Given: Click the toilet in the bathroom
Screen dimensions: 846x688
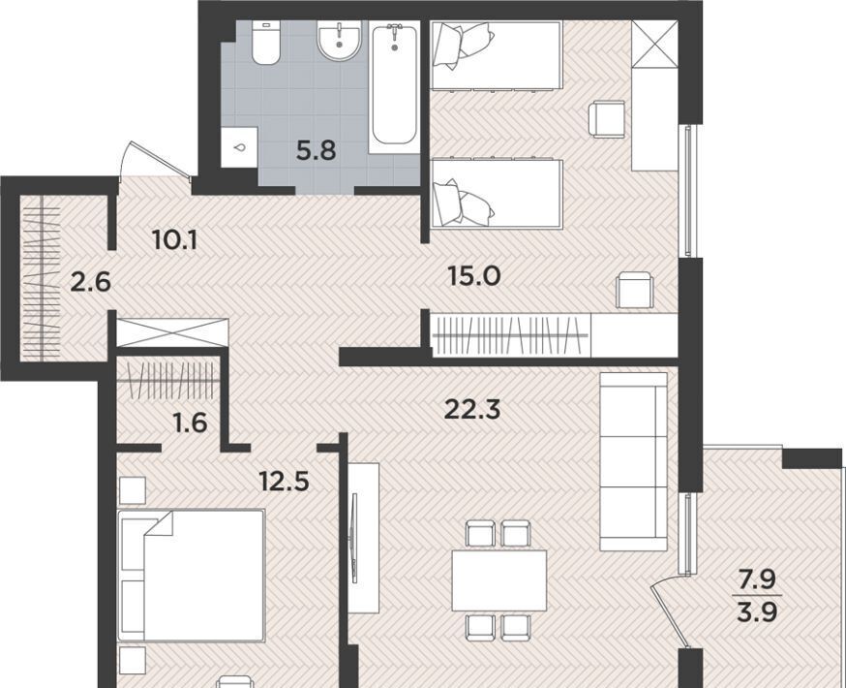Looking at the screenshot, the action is [x=265, y=44].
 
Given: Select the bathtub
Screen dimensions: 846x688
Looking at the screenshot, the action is [x=394, y=86].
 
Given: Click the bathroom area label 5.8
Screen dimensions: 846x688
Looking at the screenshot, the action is [x=317, y=150].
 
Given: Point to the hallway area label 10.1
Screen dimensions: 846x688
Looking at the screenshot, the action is [x=175, y=239].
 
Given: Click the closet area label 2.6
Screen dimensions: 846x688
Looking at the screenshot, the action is [x=91, y=282].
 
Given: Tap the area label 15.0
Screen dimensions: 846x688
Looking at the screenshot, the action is [x=474, y=276].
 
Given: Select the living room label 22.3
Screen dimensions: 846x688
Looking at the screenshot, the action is [x=472, y=410].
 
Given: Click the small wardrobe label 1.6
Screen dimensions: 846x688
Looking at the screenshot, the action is [x=191, y=422].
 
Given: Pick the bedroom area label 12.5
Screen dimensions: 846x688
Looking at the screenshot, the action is [x=285, y=482].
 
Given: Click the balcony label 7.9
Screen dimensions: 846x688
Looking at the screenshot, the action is [x=757, y=580].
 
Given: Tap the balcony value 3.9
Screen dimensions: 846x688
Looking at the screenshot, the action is [x=757, y=612].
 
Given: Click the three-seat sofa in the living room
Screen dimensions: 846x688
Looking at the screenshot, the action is [x=634, y=461].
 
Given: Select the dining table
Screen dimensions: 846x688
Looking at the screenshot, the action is [x=499, y=580].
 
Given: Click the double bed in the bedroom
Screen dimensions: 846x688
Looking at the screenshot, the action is [x=192, y=576].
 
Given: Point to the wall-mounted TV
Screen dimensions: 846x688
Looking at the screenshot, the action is [x=354, y=538].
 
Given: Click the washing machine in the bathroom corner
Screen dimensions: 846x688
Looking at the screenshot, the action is [x=239, y=147].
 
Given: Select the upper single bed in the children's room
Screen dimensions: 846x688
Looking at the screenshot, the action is [x=497, y=54].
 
